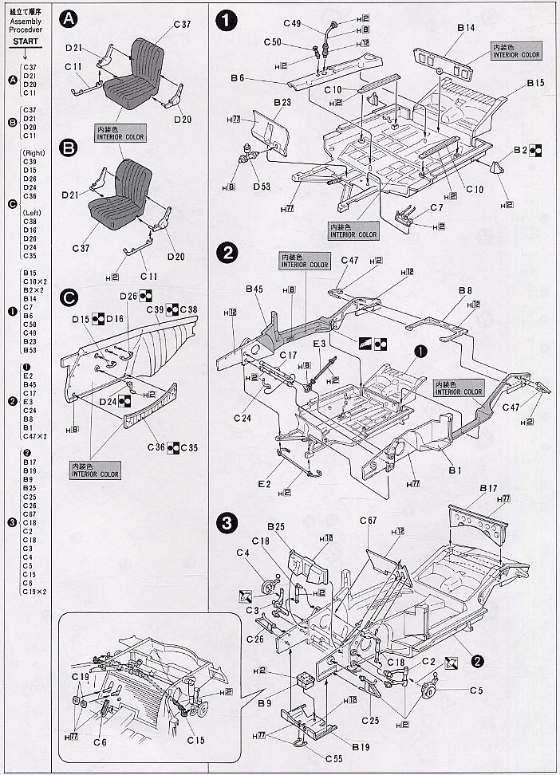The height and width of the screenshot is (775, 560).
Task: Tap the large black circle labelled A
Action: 70,18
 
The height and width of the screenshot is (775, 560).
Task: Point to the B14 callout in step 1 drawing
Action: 467,28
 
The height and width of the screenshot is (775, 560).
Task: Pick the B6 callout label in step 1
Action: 237,77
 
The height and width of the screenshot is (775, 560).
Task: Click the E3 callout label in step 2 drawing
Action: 320,344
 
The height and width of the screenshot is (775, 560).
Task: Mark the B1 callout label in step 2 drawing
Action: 455,470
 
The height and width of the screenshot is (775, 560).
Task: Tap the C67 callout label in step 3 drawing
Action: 368,521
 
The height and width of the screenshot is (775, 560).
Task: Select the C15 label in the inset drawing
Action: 195,740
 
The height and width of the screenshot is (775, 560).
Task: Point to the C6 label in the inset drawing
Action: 100,742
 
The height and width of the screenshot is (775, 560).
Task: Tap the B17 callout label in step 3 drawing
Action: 489,487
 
